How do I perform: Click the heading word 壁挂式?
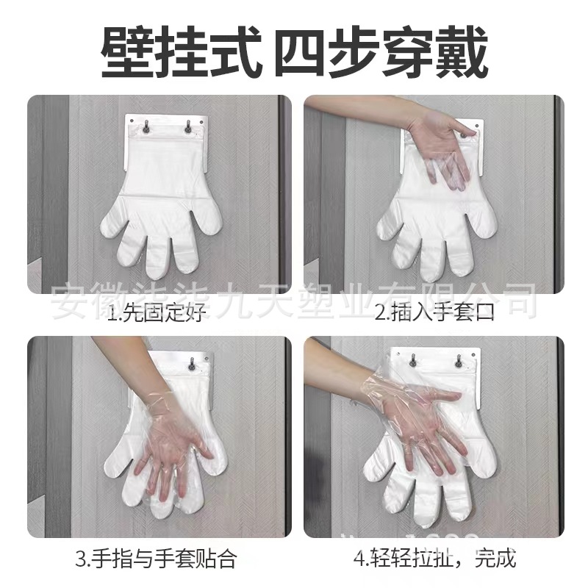coord(178,52)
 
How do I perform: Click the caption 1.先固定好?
coord(156,315)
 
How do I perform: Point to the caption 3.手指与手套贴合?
coord(157,558)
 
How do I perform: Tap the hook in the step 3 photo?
coord(192,363)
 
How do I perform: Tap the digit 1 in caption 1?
coord(111,315)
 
